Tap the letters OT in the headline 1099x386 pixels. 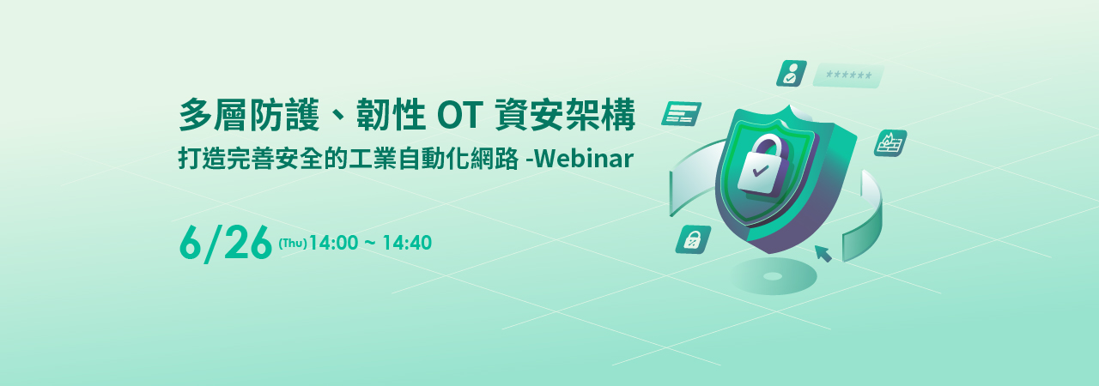click(460, 115)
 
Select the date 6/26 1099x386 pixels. click(226, 243)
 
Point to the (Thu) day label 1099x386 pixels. click(293, 243)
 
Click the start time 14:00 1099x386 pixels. click(334, 243)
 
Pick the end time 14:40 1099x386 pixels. click(407, 243)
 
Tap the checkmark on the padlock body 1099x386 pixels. click(760, 171)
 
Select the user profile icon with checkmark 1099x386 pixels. click(791, 73)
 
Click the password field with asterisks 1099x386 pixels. click(848, 75)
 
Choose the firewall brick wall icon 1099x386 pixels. click(890, 143)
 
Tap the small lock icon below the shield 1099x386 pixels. click(693, 239)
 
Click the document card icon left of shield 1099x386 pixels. click(681, 114)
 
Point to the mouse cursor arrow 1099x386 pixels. click(823, 254)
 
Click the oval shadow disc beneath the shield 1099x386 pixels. click(774, 276)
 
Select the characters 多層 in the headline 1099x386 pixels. click(213, 115)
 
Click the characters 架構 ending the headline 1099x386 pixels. click(600, 115)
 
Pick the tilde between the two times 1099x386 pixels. click(370, 243)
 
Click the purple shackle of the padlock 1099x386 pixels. click(767, 147)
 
